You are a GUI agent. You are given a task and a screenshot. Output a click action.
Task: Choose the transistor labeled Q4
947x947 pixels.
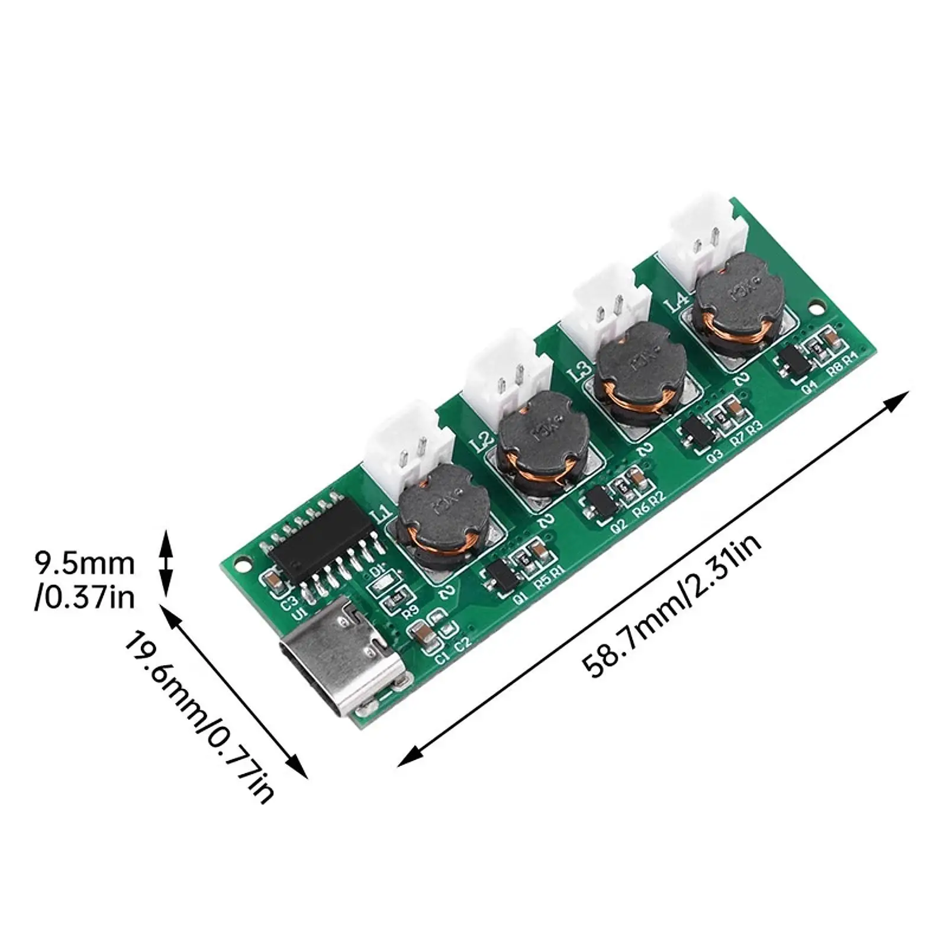point(794,360)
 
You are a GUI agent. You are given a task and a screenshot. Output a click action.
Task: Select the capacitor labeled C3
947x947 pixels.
point(273,581)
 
